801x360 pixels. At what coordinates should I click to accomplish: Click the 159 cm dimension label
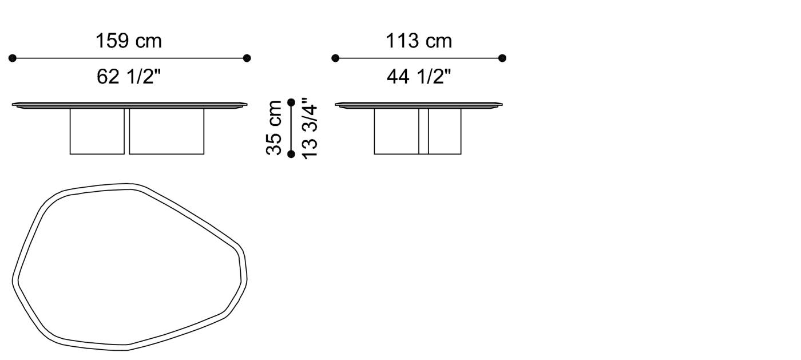click(x=129, y=41)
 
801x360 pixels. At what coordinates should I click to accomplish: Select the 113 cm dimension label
click(x=418, y=41)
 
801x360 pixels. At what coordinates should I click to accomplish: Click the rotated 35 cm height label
click(x=275, y=128)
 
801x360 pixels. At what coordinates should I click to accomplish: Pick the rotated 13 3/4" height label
click(x=309, y=128)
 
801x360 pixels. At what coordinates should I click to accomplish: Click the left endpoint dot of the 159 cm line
click(x=13, y=58)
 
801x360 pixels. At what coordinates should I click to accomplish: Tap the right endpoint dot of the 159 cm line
click(x=247, y=58)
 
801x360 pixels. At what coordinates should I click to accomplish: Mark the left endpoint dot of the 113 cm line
click(x=335, y=58)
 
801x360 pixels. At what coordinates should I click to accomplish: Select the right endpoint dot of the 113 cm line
click(x=502, y=58)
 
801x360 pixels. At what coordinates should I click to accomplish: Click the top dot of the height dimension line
click(x=291, y=102)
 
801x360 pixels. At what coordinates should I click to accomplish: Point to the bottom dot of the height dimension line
click(x=291, y=154)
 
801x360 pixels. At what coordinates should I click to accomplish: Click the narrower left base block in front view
click(x=97, y=131)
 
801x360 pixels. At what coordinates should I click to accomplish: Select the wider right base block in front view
click(x=166, y=131)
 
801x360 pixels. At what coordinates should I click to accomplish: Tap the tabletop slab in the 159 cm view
click(x=130, y=105)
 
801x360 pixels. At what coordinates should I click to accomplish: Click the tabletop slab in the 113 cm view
click(x=419, y=105)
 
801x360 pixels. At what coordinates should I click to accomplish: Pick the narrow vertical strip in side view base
click(x=423, y=131)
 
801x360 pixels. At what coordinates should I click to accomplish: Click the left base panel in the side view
click(x=396, y=131)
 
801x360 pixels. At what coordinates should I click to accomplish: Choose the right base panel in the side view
click(x=445, y=131)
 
